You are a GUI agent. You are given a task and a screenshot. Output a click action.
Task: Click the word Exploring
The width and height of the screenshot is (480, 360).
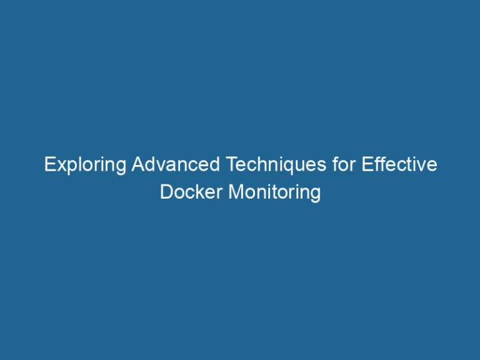(x=85, y=166)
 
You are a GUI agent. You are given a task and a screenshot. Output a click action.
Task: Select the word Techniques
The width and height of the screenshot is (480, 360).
(x=277, y=166)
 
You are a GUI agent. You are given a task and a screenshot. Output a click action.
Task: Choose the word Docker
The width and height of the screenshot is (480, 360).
(x=191, y=191)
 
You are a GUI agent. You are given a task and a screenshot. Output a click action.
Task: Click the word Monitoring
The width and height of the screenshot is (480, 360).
(x=274, y=192)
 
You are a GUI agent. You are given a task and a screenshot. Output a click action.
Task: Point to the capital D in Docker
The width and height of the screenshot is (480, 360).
(x=166, y=191)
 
